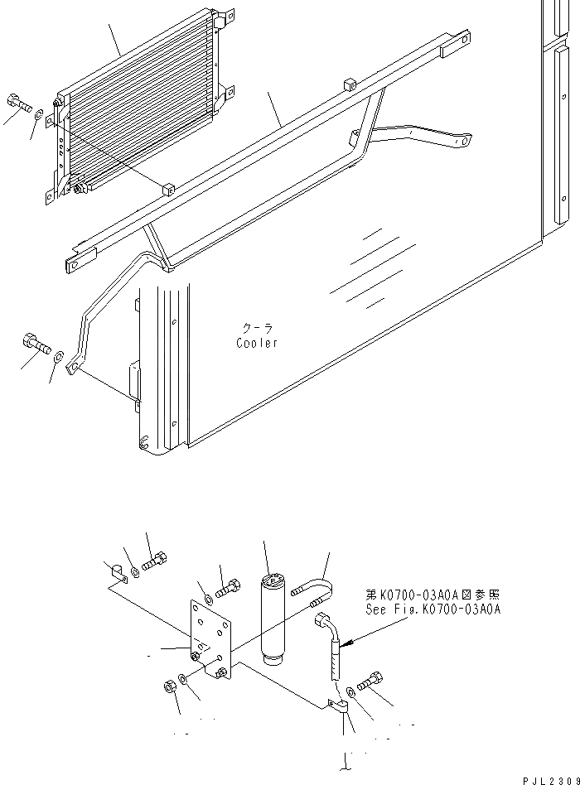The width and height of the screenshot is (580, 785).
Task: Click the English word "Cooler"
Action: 257,343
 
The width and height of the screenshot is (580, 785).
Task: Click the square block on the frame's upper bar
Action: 349,84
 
